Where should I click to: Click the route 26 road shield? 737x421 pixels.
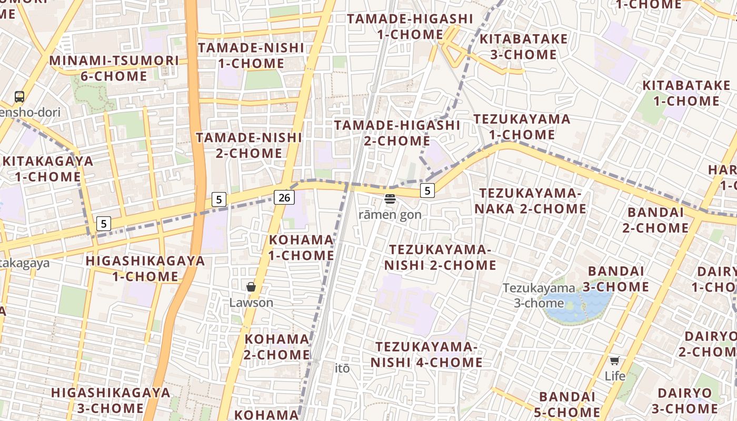point(284,198)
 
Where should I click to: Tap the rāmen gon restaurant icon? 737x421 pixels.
point(390,199)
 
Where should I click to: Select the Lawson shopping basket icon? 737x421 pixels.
point(251,287)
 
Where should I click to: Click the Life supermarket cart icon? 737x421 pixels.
point(614,360)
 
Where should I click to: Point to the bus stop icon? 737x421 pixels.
point(19,96)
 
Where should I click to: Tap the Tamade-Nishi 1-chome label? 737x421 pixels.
point(251,56)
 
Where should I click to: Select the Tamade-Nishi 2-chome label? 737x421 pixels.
point(249,146)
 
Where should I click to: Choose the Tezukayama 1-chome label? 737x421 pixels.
point(522,127)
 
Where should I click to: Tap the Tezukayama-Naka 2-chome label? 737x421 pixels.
point(530,201)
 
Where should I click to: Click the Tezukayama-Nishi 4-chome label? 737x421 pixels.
point(426,355)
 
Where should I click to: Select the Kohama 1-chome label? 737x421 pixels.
point(301,247)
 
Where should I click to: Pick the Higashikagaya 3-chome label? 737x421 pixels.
point(111,400)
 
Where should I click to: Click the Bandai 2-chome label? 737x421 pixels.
point(655,220)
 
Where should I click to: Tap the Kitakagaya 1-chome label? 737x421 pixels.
point(48,169)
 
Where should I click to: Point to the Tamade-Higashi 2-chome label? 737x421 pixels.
point(397,133)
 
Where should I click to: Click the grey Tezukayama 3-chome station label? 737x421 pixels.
point(539,295)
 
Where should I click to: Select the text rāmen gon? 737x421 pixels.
point(390,215)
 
